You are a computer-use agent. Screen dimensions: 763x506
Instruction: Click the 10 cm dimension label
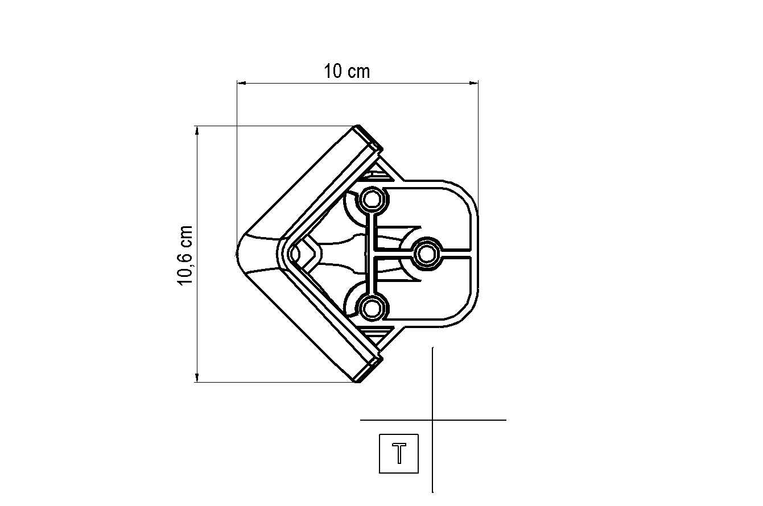(347, 71)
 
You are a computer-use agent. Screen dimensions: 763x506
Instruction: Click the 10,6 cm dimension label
(185, 255)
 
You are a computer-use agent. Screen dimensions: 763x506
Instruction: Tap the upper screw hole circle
(372, 200)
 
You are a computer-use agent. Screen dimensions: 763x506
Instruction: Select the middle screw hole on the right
(427, 254)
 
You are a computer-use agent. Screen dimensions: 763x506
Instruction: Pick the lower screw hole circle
(372, 309)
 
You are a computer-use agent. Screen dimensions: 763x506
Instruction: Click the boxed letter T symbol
(399, 454)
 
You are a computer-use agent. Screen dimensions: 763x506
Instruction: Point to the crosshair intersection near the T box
(432, 420)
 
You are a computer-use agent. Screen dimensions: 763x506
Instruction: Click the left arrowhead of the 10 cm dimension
(241, 82)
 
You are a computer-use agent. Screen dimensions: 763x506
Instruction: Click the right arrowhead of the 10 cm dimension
(474, 82)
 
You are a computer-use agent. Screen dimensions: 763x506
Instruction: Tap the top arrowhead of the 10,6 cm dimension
(196, 130)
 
